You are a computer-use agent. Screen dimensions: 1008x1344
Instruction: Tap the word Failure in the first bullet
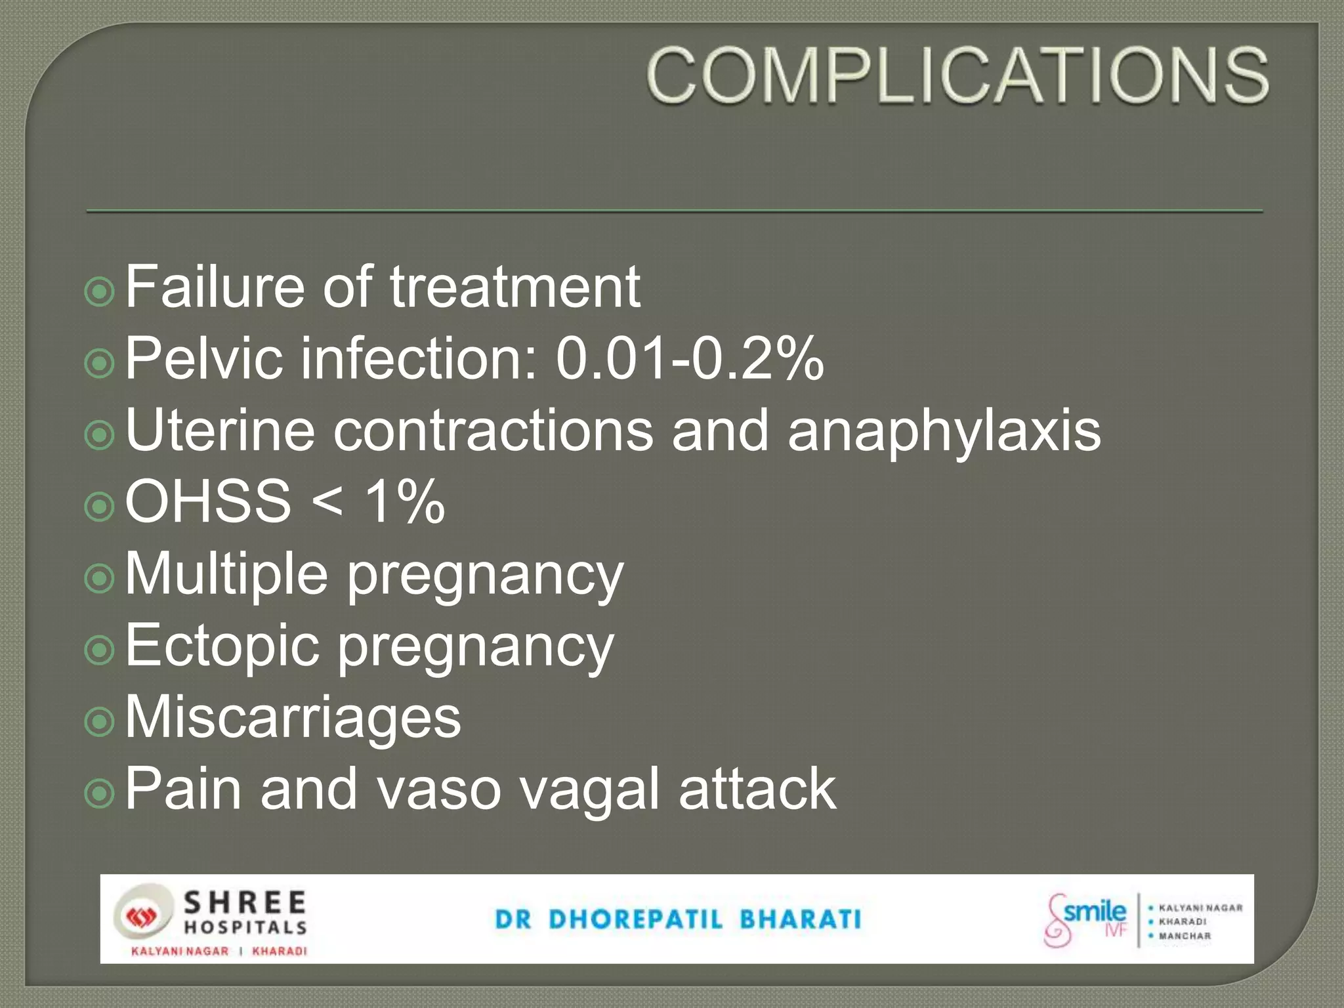215,287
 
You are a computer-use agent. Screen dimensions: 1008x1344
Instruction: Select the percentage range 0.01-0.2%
689,359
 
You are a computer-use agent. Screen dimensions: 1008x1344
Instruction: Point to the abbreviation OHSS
208,502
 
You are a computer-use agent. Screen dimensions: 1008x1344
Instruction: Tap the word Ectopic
222,646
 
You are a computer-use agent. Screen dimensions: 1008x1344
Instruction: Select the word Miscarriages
293,717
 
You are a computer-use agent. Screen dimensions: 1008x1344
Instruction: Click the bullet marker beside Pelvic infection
100,362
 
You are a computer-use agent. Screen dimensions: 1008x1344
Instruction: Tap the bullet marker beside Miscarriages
100,721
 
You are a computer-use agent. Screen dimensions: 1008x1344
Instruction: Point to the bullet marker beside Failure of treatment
100,291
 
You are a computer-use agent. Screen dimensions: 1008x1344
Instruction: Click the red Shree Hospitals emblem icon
138,917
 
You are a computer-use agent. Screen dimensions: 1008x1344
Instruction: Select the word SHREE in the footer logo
245,903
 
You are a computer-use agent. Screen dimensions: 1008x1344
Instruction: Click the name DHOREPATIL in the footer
635,919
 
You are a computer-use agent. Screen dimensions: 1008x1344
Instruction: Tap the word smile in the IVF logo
1094,912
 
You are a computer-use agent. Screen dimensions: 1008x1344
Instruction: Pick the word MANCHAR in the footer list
1185,936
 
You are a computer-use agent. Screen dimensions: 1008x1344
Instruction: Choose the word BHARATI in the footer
800,919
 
